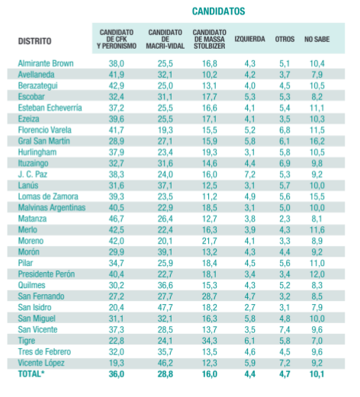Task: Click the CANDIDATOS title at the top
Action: coord(218,11)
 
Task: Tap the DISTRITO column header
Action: coord(34,41)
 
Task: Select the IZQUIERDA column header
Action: coord(249,39)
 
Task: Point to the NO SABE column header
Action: coord(317,39)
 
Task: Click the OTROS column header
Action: coord(284,39)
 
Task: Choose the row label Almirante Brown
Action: coord(46,63)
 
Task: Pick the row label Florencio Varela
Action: coord(44,130)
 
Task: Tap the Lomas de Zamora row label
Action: coord(48,197)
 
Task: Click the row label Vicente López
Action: coord(41,363)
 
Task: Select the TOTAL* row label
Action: coord(30,374)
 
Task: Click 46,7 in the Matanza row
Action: coord(117,219)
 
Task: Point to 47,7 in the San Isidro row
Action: coord(166,307)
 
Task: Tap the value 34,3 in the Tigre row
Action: coord(210,341)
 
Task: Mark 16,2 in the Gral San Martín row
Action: coord(317,141)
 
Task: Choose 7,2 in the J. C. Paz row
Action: coord(249,174)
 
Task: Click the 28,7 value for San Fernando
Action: coord(210,296)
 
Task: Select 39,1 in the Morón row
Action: coord(166,252)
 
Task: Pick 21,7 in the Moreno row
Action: coord(210,241)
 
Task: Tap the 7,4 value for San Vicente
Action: coord(284,329)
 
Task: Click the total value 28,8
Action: coord(166,374)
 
